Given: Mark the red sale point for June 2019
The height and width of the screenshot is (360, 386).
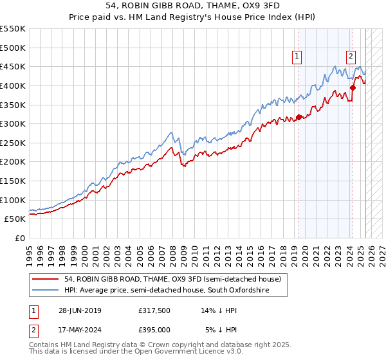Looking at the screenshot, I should point(299,117).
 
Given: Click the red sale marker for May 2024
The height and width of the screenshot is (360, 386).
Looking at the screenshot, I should point(353,87).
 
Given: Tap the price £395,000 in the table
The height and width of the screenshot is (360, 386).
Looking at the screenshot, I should point(154,329).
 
